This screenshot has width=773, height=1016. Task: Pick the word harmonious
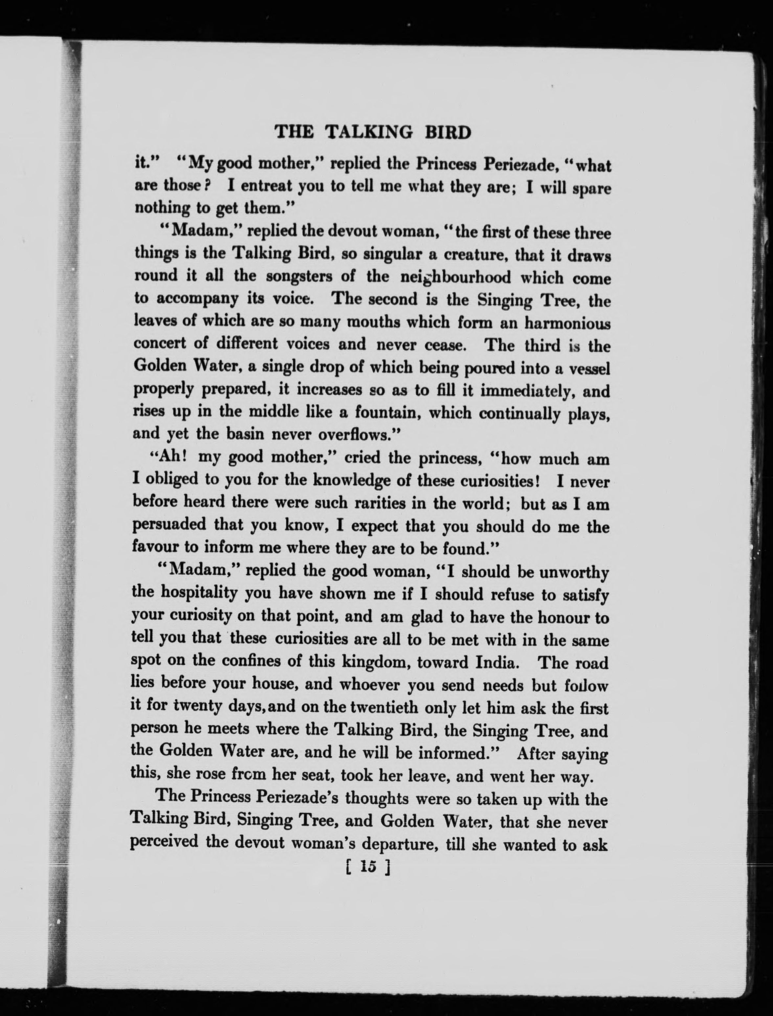567,323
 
